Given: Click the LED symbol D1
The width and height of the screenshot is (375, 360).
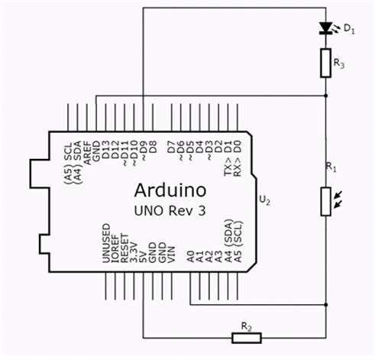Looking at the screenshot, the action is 325,28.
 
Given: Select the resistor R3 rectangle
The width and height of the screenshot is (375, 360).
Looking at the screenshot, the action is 325,63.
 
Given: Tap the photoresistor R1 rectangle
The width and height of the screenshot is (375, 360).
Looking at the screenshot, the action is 325,202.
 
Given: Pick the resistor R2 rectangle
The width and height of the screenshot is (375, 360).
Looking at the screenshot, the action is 247,338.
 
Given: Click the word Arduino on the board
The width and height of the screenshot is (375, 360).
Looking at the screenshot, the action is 170,190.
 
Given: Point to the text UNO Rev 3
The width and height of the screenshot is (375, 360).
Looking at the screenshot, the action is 170,211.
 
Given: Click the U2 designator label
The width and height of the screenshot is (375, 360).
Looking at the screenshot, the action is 264,200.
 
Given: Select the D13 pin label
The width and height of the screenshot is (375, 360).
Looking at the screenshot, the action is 105,151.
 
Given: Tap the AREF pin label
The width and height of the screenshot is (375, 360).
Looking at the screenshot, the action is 87,153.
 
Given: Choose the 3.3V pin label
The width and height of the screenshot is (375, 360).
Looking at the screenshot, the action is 134,252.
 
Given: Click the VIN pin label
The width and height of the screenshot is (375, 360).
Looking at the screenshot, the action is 171,255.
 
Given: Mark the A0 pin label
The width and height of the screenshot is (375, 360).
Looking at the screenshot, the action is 191,256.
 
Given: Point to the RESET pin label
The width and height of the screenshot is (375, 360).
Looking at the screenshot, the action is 124,248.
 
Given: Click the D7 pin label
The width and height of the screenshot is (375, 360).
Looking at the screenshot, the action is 172,147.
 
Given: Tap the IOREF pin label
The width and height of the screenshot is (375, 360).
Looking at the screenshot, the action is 115,248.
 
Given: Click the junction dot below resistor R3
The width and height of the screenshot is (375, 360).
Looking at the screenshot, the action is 326,96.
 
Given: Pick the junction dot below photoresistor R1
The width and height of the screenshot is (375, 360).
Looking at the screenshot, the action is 326,304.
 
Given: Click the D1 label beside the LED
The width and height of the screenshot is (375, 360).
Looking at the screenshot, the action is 349,29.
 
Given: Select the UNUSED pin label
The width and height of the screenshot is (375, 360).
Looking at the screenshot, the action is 106,243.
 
